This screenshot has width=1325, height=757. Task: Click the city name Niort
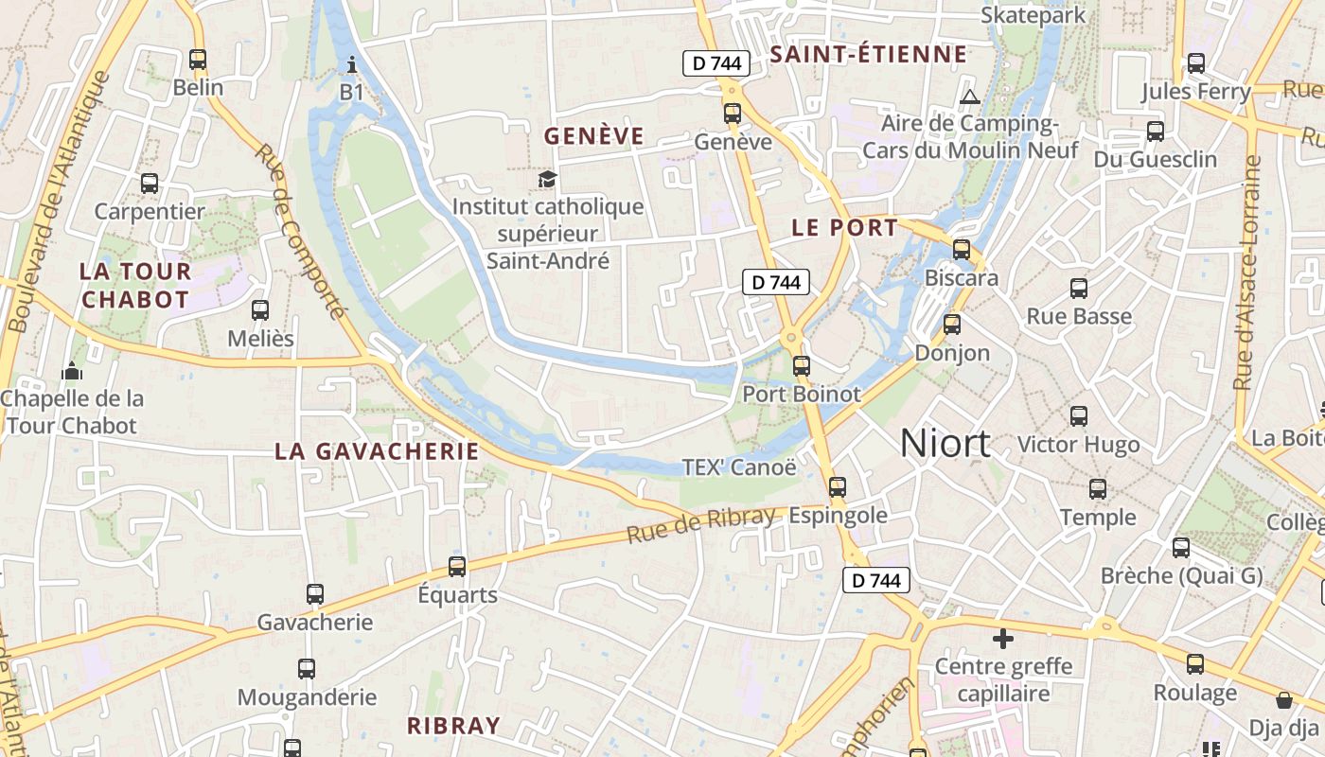coord(945,443)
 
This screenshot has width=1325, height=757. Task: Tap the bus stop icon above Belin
coord(198,60)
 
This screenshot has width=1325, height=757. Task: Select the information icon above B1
coord(352,64)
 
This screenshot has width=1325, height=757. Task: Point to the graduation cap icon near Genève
coord(548,179)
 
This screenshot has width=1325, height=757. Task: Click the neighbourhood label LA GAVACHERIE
coord(377,451)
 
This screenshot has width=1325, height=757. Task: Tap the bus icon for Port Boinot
coord(802,365)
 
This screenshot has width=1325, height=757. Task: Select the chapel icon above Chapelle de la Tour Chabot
coord(72,371)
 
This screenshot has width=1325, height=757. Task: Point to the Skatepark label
coord(1033,15)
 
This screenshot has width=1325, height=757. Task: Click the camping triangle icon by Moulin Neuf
coord(969,97)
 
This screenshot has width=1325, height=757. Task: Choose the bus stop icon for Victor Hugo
coord(1078,415)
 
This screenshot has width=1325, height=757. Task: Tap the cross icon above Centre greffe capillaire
coord(1003,639)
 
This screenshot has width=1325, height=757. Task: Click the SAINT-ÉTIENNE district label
coord(869,55)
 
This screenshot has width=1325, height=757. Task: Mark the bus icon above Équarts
coord(457,566)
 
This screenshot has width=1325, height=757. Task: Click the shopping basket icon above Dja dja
coord(1284,700)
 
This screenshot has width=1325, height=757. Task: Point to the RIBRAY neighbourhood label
coord(452,726)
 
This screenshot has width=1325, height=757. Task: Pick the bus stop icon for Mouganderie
coord(307,669)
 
